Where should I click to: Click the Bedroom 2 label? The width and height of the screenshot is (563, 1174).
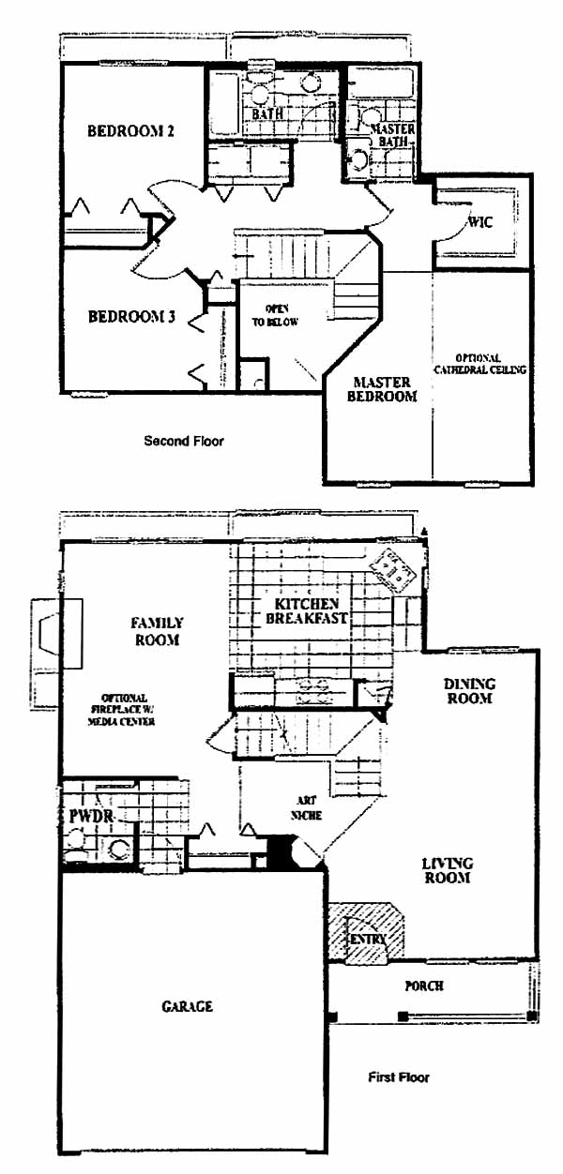click(x=130, y=130)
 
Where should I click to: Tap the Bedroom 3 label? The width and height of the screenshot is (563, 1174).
click(x=131, y=317)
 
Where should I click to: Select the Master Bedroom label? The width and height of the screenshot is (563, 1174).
click(x=382, y=389)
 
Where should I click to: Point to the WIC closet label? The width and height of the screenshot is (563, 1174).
click(x=480, y=222)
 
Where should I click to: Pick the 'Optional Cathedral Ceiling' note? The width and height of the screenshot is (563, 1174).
click(x=479, y=364)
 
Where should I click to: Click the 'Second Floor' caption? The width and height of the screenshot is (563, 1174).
click(x=184, y=441)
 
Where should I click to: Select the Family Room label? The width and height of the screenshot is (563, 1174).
click(x=157, y=631)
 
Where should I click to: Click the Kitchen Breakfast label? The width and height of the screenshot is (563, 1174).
click(x=307, y=611)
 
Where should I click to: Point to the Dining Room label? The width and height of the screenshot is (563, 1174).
click(x=469, y=691)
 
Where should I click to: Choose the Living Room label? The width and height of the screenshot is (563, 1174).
click(x=448, y=870)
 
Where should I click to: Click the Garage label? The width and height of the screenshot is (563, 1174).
click(x=188, y=1006)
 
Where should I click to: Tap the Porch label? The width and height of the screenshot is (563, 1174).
click(x=424, y=986)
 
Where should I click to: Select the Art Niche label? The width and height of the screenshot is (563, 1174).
click(x=306, y=807)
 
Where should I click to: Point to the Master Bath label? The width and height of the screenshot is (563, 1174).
click(x=393, y=135)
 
